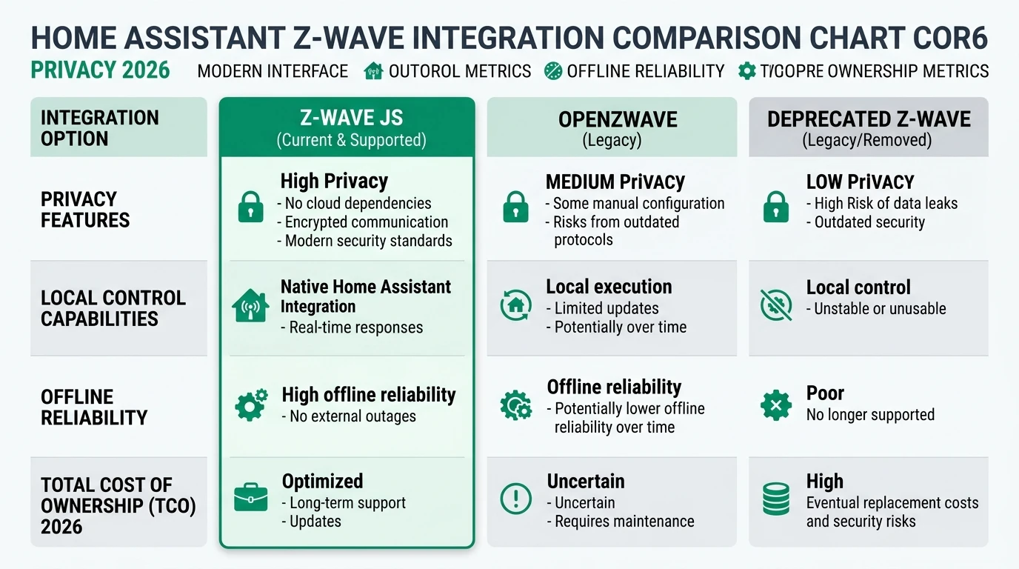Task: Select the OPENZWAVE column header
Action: coord(611,119)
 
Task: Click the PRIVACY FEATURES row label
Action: coord(85,210)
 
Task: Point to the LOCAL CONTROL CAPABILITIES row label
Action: coord(113,308)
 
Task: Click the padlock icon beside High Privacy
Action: coord(250,207)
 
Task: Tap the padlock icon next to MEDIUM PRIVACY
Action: coord(515,207)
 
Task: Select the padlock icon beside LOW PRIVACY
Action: coord(775,207)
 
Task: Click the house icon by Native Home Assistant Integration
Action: coord(250,305)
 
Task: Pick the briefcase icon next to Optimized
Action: coord(250,497)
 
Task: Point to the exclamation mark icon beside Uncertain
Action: coord(515,498)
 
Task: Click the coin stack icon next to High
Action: coord(775,498)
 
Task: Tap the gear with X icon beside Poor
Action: coord(775,405)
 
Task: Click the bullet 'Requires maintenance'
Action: coord(624,522)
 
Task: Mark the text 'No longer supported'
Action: coord(870,415)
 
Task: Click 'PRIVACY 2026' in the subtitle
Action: coord(100,71)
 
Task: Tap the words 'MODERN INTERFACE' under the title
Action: coord(273,71)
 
